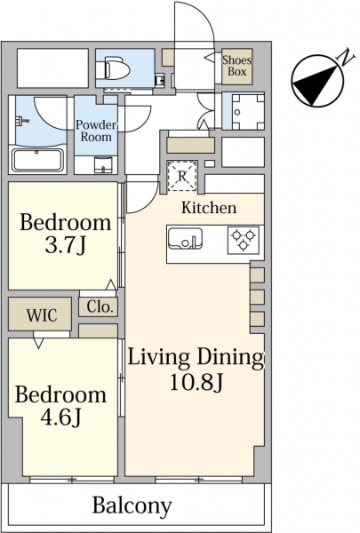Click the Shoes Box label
click(237, 66)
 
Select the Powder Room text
click(96, 131)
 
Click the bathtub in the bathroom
click(37, 160)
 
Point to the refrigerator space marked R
click(182, 176)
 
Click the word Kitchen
click(209, 207)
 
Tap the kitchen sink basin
click(185, 238)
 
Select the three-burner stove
click(243, 240)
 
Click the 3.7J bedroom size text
click(65, 246)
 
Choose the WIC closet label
click(42, 315)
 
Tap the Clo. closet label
click(100, 307)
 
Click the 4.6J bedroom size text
click(60, 418)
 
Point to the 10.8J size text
click(196, 382)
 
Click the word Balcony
click(132, 506)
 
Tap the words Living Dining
click(196, 358)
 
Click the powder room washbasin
click(104, 163)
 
